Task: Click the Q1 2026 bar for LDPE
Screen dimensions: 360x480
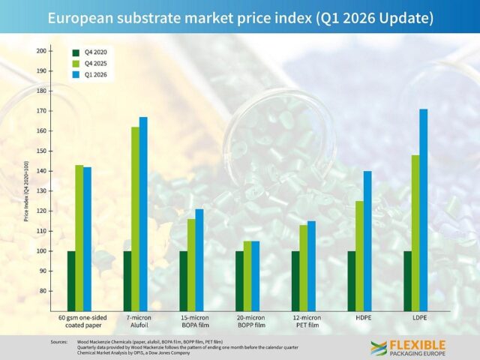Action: pyautogui.click(x=424, y=210)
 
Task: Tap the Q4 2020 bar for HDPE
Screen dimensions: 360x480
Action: pyautogui.click(x=352, y=280)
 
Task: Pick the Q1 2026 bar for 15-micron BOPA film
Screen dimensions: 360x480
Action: pyautogui.click(x=199, y=259)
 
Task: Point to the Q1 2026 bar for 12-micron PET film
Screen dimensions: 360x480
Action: pyautogui.click(x=311, y=265)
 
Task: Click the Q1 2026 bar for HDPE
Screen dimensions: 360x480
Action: pyautogui.click(x=367, y=241)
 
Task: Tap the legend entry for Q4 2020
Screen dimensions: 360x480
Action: pyautogui.click(x=87, y=52)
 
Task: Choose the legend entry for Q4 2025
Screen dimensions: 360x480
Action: pyautogui.click(x=87, y=64)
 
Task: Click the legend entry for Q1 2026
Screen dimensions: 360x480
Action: pyautogui.click(x=87, y=76)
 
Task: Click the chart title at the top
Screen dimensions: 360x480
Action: pyautogui.click(x=240, y=16)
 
